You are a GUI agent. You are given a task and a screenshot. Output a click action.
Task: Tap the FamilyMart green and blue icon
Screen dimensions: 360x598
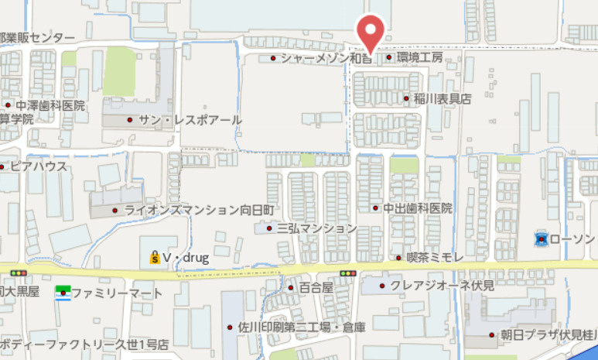pos(63,293)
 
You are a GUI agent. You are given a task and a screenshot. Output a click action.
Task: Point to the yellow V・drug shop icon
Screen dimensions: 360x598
pos(155,259)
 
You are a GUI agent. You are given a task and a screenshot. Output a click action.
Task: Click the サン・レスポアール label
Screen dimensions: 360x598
pos(190,121)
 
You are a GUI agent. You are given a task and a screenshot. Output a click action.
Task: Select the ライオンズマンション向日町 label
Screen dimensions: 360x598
pos(200,210)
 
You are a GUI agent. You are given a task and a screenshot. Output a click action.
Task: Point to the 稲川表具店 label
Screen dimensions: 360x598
pos(442,99)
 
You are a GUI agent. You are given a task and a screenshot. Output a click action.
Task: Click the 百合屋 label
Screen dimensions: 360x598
pos(316,287)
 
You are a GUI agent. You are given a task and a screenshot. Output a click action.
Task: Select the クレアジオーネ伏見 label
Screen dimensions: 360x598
pos(442,286)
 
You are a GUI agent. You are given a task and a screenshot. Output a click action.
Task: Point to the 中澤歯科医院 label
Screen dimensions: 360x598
pos(52,105)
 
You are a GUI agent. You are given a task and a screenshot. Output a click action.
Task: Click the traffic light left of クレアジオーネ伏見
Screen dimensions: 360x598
pos(348,273)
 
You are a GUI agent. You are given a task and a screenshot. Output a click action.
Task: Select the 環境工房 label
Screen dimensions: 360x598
pos(420,58)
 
